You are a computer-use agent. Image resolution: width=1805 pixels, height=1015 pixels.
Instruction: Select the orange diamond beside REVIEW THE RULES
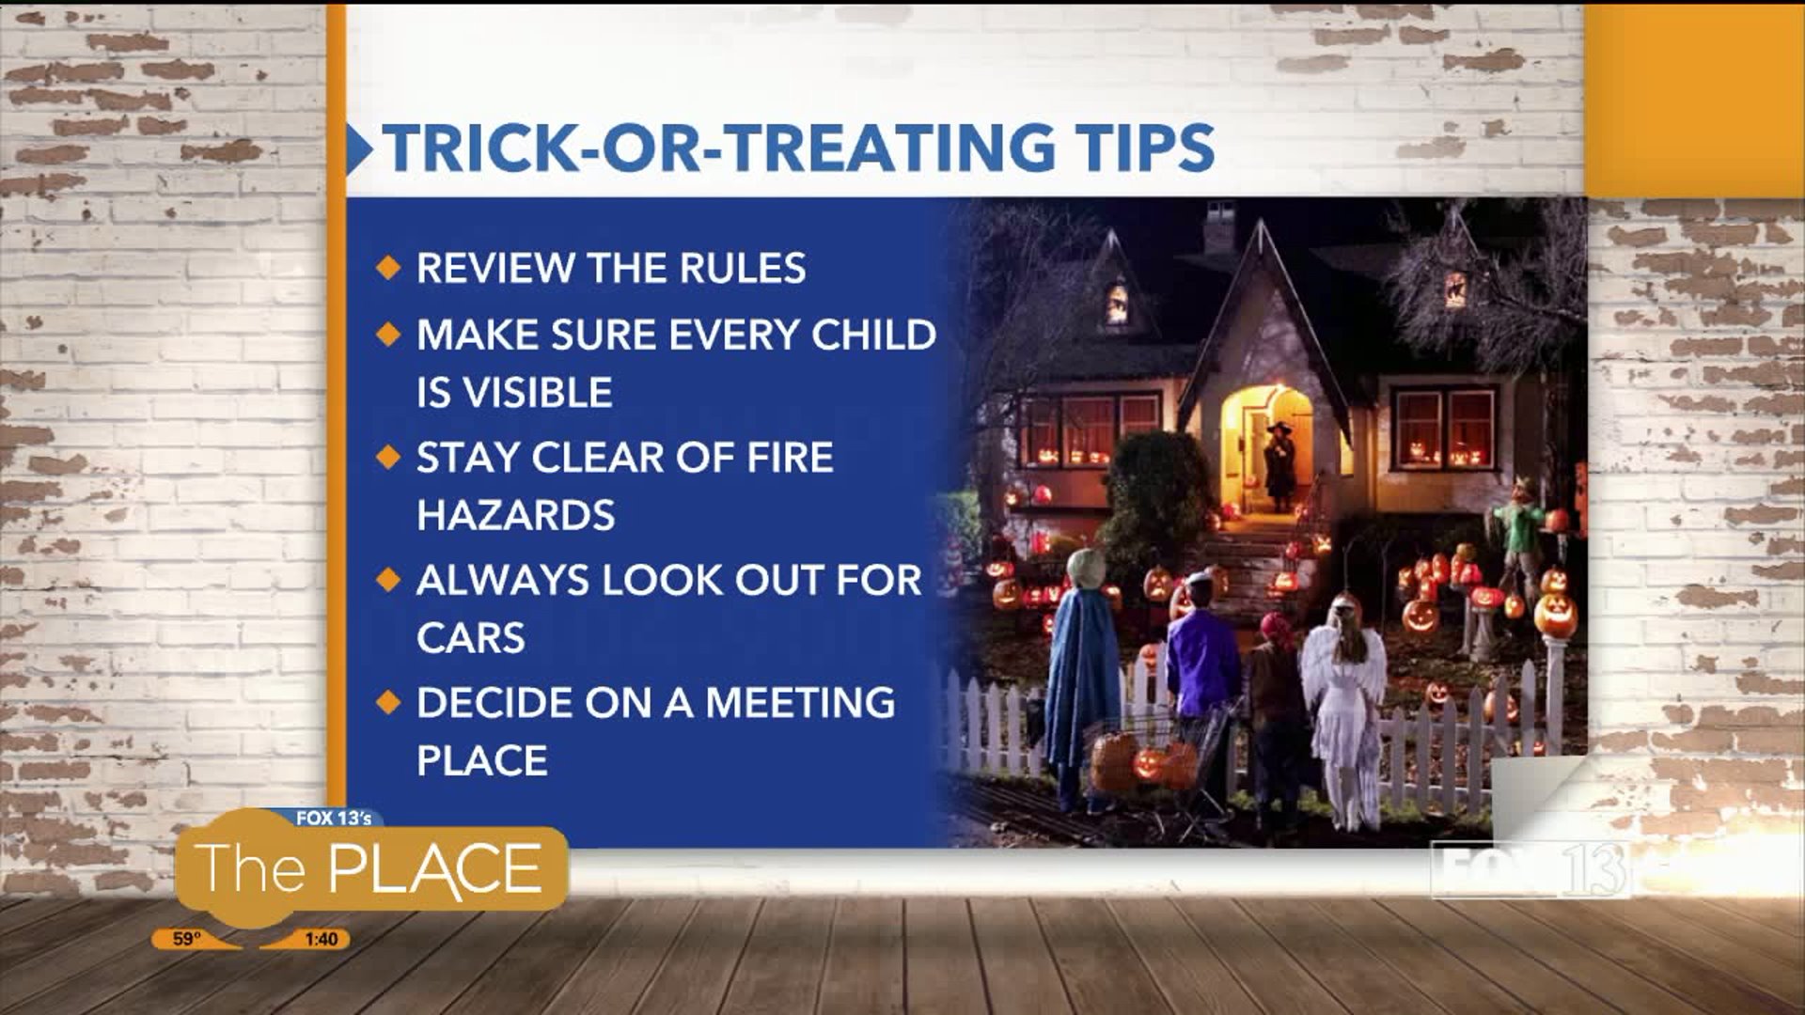[x=387, y=269]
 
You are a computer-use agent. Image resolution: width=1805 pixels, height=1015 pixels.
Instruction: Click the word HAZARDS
[x=515, y=515]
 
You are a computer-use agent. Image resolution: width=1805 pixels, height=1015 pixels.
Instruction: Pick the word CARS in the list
[x=471, y=638]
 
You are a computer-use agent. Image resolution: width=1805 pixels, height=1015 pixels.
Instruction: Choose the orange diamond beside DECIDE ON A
[x=387, y=703]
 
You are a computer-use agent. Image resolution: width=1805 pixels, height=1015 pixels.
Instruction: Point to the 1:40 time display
[x=321, y=939]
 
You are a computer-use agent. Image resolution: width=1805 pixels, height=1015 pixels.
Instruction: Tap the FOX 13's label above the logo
[x=334, y=819]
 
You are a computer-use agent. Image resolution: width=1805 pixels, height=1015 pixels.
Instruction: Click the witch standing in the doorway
[x=1279, y=466]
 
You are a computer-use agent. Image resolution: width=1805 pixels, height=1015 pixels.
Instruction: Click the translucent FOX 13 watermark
[x=1530, y=869]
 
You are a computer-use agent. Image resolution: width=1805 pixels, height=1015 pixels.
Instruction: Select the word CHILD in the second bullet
[x=873, y=335]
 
